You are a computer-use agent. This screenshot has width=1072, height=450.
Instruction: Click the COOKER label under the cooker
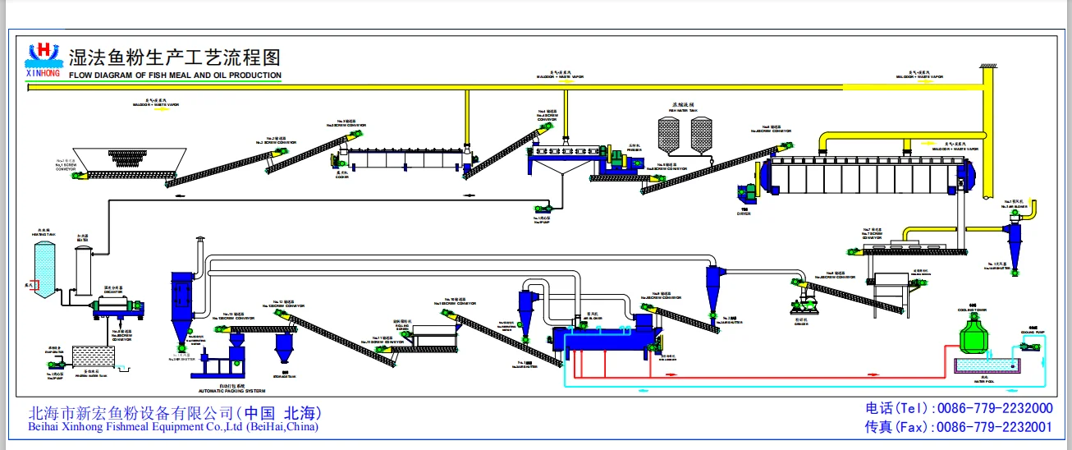pyautogui.click(x=341, y=174)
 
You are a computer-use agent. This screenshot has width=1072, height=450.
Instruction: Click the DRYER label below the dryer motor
pyautogui.click(x=744, y=213)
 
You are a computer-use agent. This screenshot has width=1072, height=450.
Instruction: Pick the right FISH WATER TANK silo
pyautogui.click(x=700, y=135)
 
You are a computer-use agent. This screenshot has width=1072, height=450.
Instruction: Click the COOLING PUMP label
pyautogui.click(x=1032, y=333)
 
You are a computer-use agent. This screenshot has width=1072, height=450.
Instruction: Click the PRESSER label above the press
pyautogui.click(x=634, y=146)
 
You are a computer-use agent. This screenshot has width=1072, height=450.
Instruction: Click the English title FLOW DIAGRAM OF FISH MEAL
pyautogui.click(x=175, y=76)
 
